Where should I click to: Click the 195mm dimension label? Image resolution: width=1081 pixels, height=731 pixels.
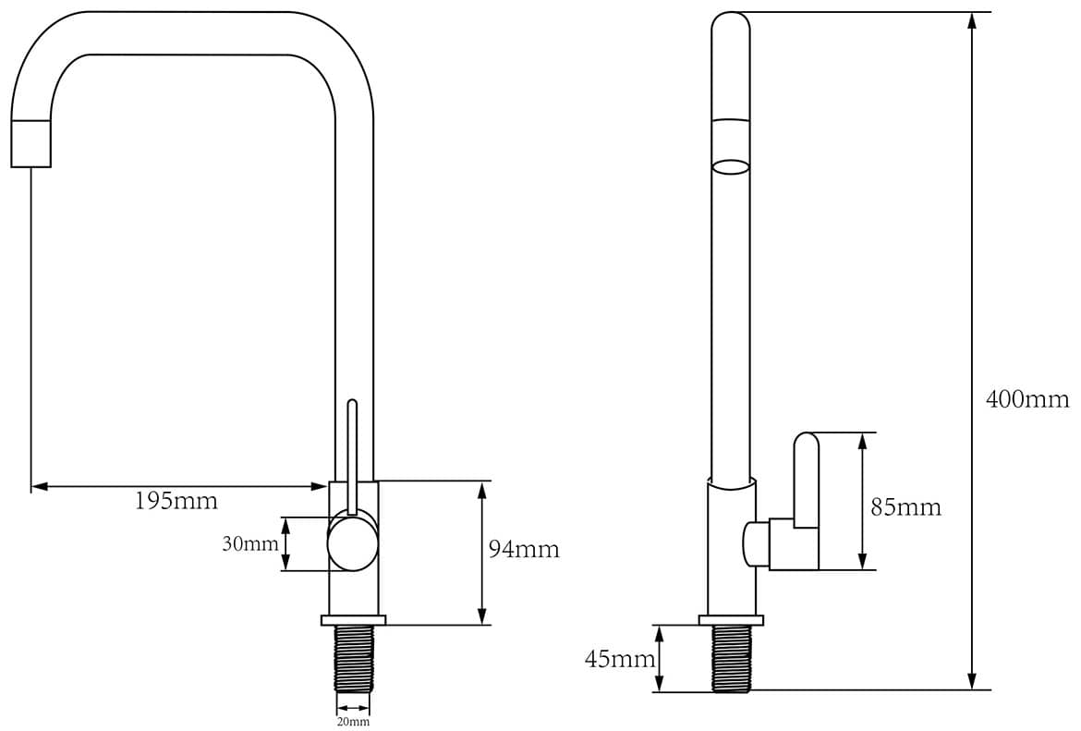(176, 500)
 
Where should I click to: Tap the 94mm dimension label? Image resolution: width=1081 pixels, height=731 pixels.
(524, 549)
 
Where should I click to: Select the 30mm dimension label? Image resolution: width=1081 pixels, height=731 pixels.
(249, 544)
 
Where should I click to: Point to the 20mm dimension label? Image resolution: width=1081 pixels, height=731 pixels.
(353, 722)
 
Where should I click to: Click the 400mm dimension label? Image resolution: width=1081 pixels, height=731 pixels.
(1027, 399)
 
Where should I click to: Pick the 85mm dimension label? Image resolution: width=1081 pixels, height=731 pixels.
(905, 507)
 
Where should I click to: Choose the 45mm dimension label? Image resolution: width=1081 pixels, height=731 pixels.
(620, 659)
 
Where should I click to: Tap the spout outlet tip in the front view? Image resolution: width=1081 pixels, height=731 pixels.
(31, 144)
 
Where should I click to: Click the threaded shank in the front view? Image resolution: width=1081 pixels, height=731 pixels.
(354, 659)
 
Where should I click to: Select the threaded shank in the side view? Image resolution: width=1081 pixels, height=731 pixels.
(731, 659)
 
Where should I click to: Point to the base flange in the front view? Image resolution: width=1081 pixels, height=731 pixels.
(353, 620)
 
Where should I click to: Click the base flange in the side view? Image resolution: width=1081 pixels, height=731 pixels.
(731, 620)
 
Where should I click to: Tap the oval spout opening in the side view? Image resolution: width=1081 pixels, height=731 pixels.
(730, 167)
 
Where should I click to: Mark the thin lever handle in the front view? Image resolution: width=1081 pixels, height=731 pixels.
(352, 457)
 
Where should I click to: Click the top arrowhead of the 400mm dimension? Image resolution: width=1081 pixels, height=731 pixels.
(972, 20)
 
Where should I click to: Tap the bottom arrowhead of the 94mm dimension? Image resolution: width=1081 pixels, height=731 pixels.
(482, 616)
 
